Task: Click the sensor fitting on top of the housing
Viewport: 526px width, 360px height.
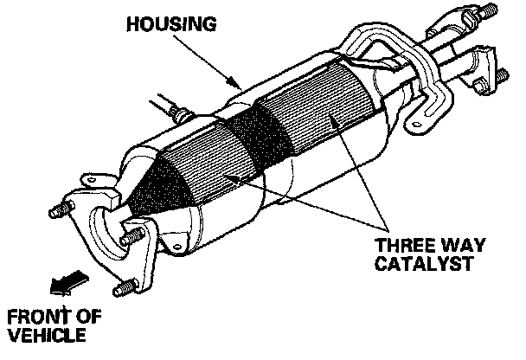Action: click(178, 112)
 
